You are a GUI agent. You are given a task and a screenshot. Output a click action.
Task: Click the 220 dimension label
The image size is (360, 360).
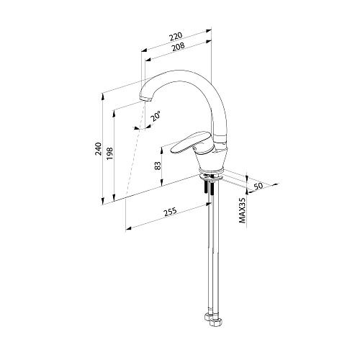tap(176, 36)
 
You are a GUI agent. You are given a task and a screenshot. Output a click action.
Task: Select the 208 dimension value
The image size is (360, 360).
tap(178, 47)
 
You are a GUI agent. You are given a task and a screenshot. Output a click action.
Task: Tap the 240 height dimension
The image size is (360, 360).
tap(99, 148)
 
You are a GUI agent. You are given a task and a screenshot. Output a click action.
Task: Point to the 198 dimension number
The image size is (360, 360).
tap(109, 154)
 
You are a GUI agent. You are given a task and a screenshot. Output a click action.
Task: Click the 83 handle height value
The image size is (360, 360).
tap(158, 166)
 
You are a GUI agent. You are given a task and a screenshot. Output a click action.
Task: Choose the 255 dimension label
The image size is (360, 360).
tap(170, 212)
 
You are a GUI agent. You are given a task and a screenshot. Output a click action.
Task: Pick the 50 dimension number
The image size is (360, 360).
tap(258, 186)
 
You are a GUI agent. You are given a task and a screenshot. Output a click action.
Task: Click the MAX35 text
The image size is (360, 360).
tap(243, 210)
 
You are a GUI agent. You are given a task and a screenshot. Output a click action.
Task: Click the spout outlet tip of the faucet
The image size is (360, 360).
tap(145, 99)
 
